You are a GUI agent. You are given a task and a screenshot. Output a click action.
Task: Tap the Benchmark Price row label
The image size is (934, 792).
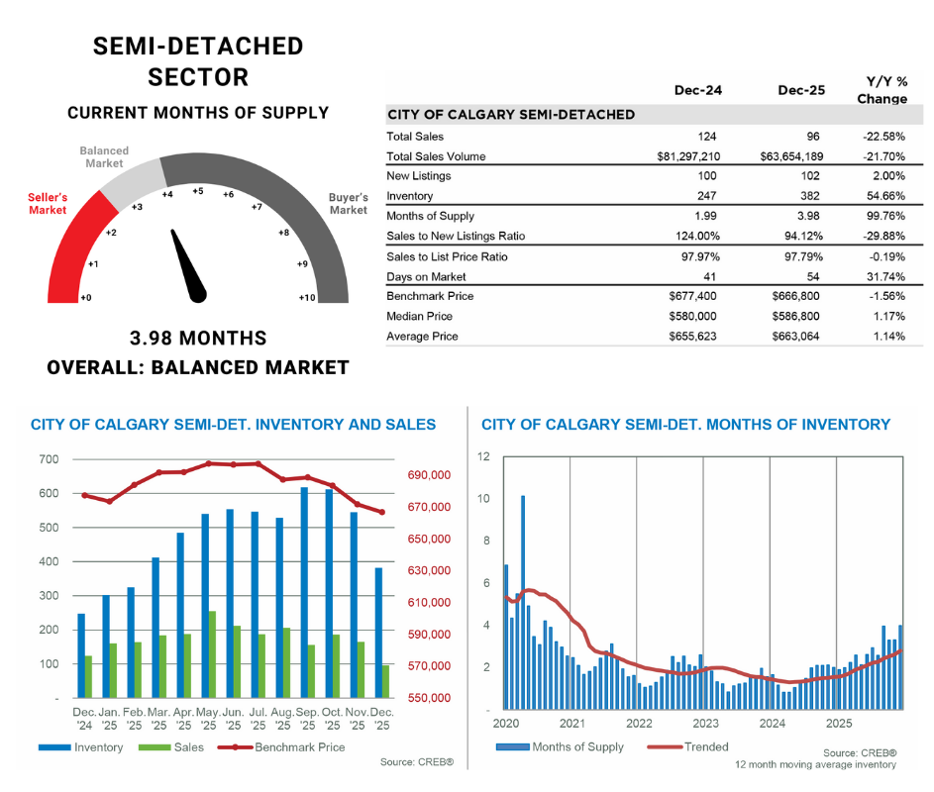coord(430,296)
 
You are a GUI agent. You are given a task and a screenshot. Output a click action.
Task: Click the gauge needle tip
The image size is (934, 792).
coord(175,235)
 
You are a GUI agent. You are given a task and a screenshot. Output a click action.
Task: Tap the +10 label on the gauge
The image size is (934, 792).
coord(306,297)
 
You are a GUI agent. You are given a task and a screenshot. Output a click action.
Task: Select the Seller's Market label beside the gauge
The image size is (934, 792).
coord(48,204)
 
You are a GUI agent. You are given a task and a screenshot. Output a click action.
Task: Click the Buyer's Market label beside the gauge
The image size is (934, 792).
coord(348,204)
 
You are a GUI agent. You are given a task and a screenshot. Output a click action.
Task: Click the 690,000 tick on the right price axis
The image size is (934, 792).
coord(430,476)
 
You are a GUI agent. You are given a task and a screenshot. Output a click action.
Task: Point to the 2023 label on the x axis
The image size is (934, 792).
coord(704,724)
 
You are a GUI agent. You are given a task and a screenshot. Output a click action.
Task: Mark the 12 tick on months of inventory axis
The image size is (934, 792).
coord(484,456)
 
